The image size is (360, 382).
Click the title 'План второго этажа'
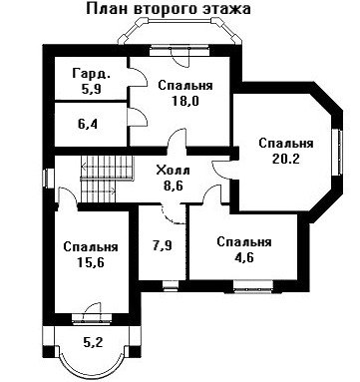pos(169,9)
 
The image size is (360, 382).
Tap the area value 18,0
pos(185,101)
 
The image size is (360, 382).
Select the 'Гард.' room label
pos(91,74)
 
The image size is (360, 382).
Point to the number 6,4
pos(88,125)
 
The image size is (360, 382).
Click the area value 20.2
pos(286,159)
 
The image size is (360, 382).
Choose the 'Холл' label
pos(174,171)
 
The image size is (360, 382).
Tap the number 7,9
pos(163,246)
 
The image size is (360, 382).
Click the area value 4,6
pos(243,257)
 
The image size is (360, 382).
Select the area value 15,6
pos(91,262)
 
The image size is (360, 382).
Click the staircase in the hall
pos(107,180)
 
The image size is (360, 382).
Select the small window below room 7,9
pos(171,285)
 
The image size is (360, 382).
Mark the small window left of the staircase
pos(49,178)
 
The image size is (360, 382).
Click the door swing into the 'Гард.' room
pos(138,77)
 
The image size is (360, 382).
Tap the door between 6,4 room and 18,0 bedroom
pos(137,117)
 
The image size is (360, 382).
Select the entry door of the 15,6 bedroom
pos(68,196)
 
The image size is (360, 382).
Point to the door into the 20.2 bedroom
pos(222,170)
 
